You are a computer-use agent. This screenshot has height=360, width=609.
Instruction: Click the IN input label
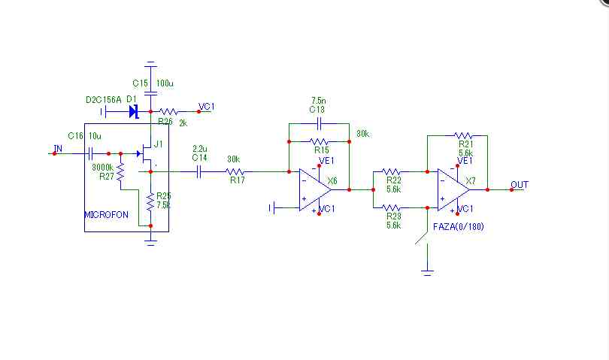point(57,149)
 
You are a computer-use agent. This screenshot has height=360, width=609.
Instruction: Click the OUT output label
point(519,184)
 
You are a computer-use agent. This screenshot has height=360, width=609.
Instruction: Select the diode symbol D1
point(134,112)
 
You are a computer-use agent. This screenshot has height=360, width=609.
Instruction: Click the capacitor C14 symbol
point(199,171)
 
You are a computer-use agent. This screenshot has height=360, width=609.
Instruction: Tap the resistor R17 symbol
point(235,171)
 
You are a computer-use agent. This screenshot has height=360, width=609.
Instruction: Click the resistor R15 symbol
point(320,141)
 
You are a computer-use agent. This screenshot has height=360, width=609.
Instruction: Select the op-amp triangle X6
point(314,190)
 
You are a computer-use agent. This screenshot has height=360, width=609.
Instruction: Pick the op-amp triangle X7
point(453,190)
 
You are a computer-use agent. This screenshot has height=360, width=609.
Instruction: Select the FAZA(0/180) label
point(459,226)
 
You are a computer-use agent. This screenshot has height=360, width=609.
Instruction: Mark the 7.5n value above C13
point(319,100)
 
